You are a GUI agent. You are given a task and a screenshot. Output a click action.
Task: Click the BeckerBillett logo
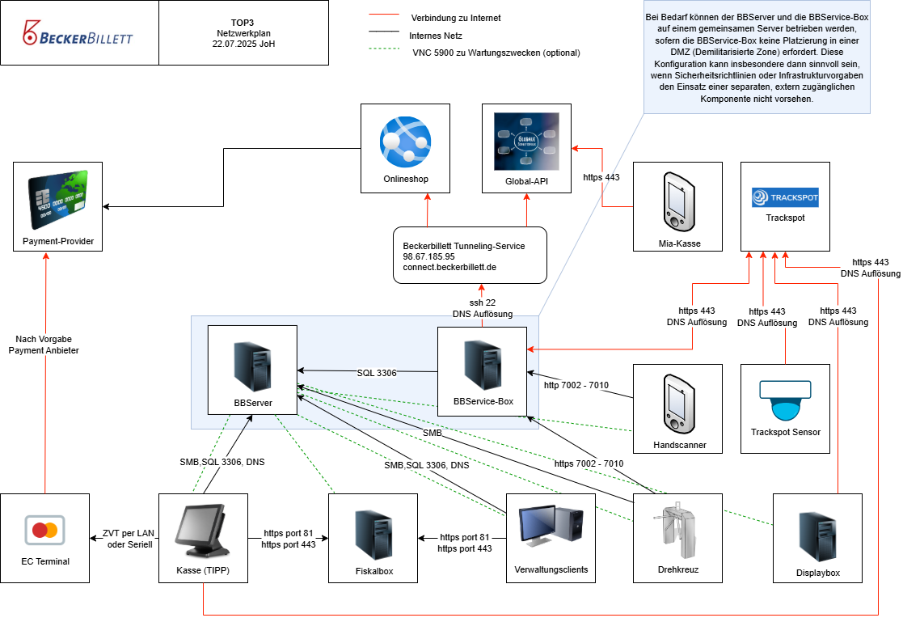pyautogui.click(x=78, y=34)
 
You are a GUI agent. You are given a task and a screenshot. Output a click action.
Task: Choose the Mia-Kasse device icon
pyautogui.click(x=678, y=198)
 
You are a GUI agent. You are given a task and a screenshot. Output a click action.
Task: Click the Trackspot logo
pyautogui.click(x=784, y=197)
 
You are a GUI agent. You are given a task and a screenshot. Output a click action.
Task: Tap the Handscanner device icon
pyautogui.click(x=677, y=401)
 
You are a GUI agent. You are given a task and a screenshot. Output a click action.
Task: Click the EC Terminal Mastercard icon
pyautogui.click(x=44, y=531)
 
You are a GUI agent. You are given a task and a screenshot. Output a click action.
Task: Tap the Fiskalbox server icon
pyautogui.click(x=373, y=533)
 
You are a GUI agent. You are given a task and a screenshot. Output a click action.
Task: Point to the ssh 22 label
pyautogui.click(x=483, y=303)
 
